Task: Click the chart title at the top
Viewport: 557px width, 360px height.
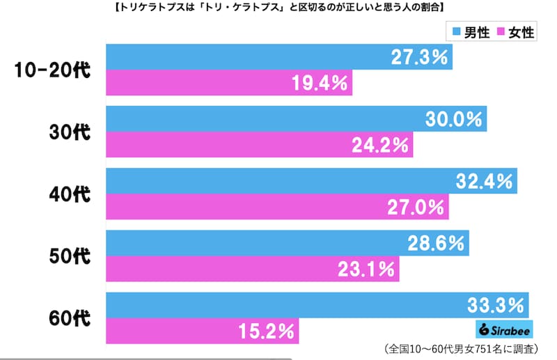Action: [278, 9]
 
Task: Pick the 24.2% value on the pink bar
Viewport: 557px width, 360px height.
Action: [381, 146]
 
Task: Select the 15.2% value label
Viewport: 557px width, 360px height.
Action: [265, 331]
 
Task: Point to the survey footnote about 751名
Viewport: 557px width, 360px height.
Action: [465, 349]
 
